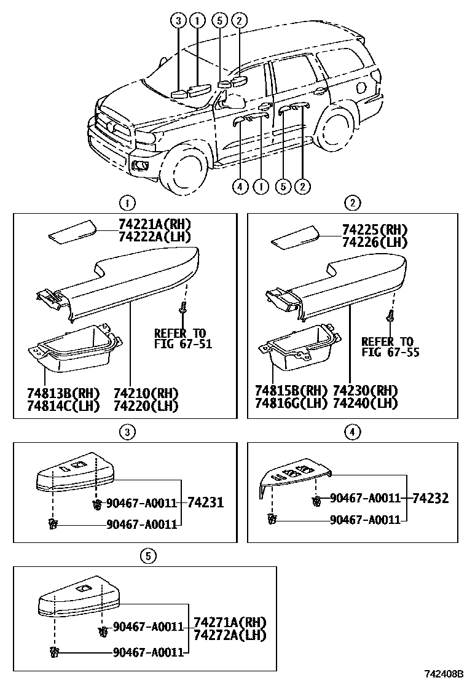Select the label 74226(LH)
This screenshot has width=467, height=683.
[x=375, y=242]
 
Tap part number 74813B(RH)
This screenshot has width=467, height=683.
[x=63, y=392]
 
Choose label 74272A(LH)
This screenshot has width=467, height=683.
[x=230, y=635]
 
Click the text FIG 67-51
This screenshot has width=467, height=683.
[x=182, y=344]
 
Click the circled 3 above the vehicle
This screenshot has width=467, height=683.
[x=178, y=20]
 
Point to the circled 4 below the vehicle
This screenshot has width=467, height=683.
[x=240, y=185]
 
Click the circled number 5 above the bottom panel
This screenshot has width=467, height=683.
[x=147, y=556]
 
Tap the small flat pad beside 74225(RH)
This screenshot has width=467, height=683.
[x=294, y=236]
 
